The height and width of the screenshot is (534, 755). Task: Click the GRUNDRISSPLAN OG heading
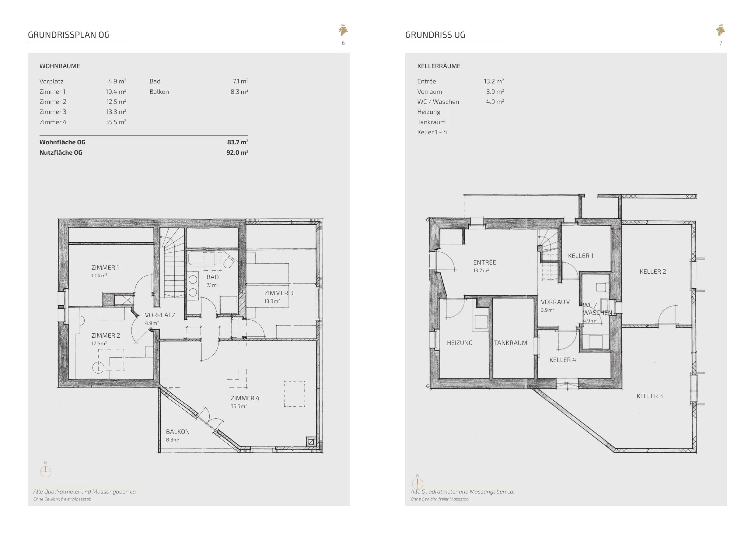tap(69, 35)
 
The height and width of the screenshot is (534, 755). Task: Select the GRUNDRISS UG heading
tap(435, 35)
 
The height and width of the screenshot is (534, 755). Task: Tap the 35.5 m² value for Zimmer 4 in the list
tap(116, 122)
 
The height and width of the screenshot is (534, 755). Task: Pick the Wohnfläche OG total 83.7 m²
tap(237, 142)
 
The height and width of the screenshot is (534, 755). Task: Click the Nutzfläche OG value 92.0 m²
tap(237, 152)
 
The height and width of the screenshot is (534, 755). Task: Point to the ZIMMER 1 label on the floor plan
tap(105, 268)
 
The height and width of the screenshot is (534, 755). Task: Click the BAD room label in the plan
tap(212, 277)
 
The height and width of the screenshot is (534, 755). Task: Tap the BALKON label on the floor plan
tap(178, 432)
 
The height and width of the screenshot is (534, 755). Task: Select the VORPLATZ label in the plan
tap(160, 315)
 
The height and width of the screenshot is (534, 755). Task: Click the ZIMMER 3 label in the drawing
tap(278, 293)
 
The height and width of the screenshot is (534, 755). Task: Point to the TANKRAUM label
tap(510, 343)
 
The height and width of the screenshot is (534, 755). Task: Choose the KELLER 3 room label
tap(649, 396)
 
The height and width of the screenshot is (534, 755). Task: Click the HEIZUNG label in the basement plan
tap(460, 343)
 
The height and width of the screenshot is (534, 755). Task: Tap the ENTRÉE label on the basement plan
tap(484, 262)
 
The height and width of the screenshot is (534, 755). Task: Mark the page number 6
tap(343, 43)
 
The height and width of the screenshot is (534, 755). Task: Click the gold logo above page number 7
tap(721, 30)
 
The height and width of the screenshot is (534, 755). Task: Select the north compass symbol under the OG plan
tap(46, 472)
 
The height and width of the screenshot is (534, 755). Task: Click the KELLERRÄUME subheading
tap(439, 66)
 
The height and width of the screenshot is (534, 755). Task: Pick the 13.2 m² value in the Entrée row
tap(494, 81)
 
